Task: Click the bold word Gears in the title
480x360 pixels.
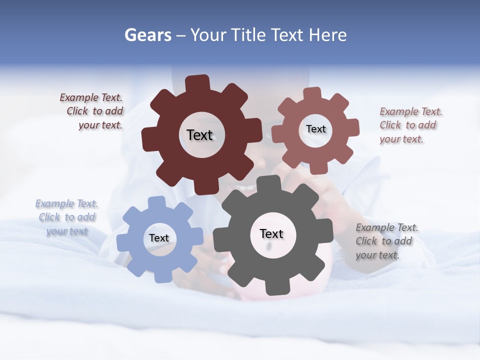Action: click(x=147, y=35)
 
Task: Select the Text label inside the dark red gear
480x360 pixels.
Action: click(x=199, y=135)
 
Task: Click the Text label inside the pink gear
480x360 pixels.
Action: click(x=315, y=129)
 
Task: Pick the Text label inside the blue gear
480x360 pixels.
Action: click(x=159, y=238)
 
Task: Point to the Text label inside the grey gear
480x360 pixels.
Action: click(x=271, y=233)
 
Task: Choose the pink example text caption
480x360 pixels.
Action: click(x=410, y=125)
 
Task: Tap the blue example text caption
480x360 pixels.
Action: click(x=67, y=217)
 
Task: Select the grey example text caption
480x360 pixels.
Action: click(x=386, y=241)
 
